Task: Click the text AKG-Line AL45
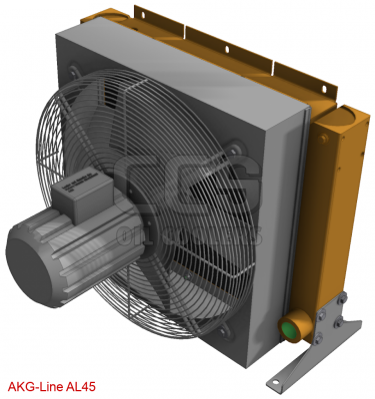point(52,385)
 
